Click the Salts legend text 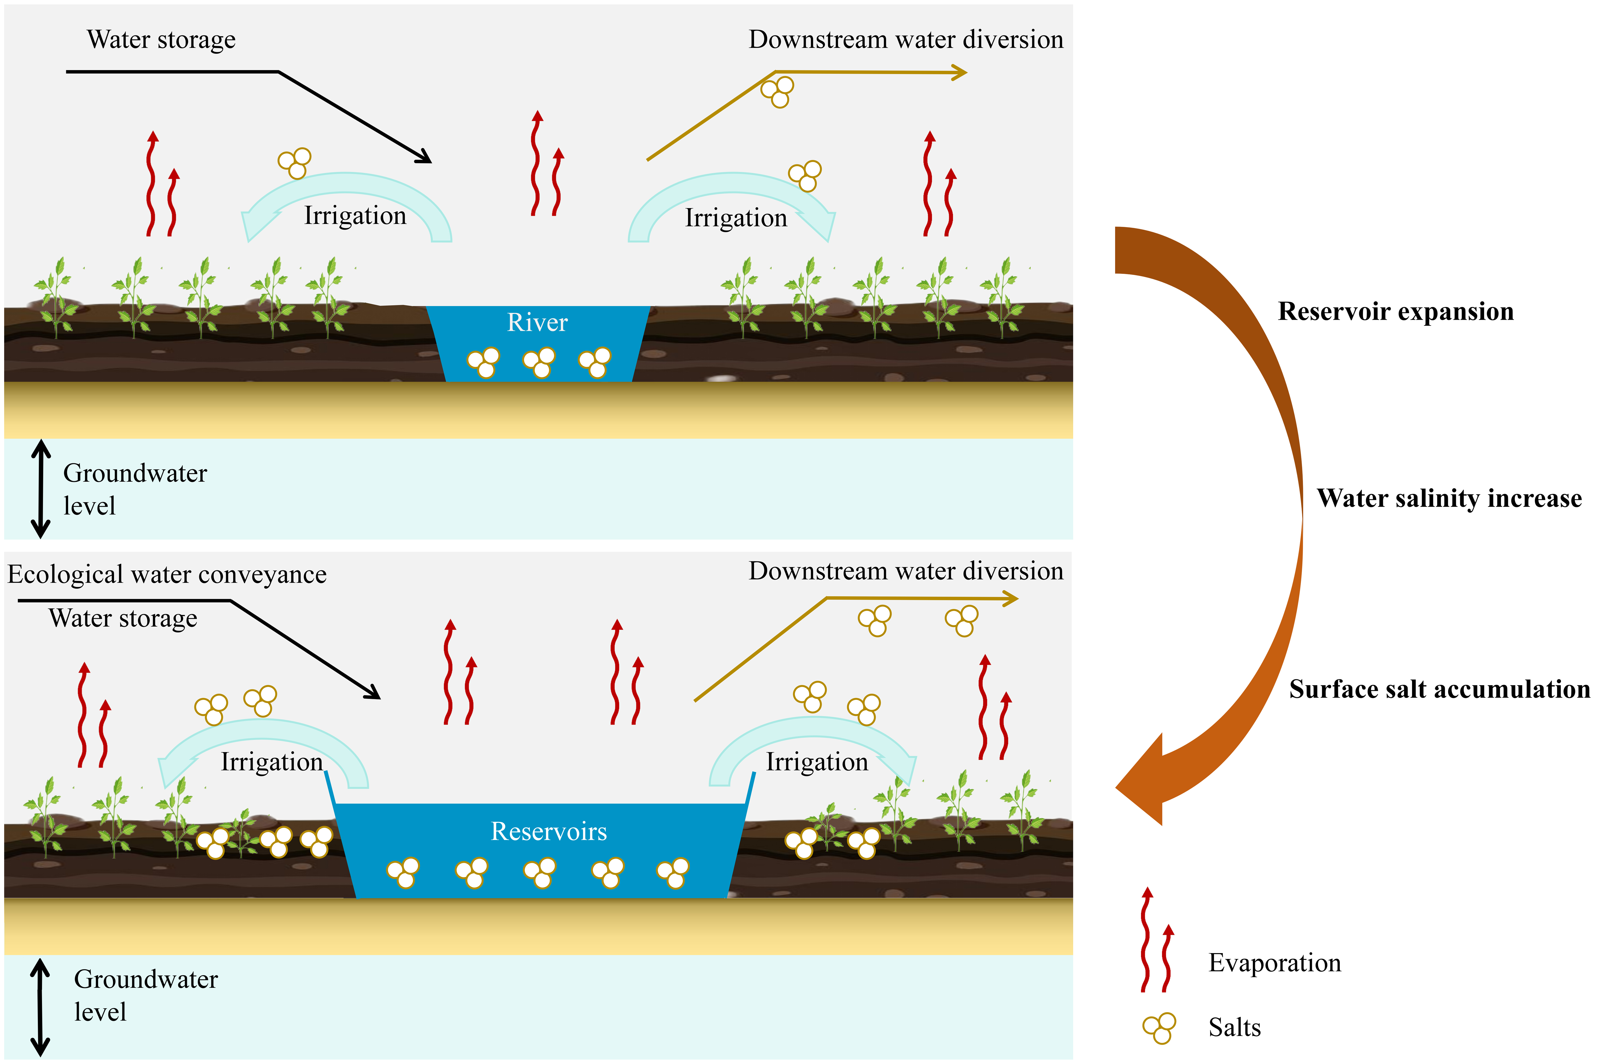(1234, 1027)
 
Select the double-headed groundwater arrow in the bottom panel (40, 1007)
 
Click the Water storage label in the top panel (161, 40)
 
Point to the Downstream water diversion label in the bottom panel (906, 571)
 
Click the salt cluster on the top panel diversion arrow (777, 91)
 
